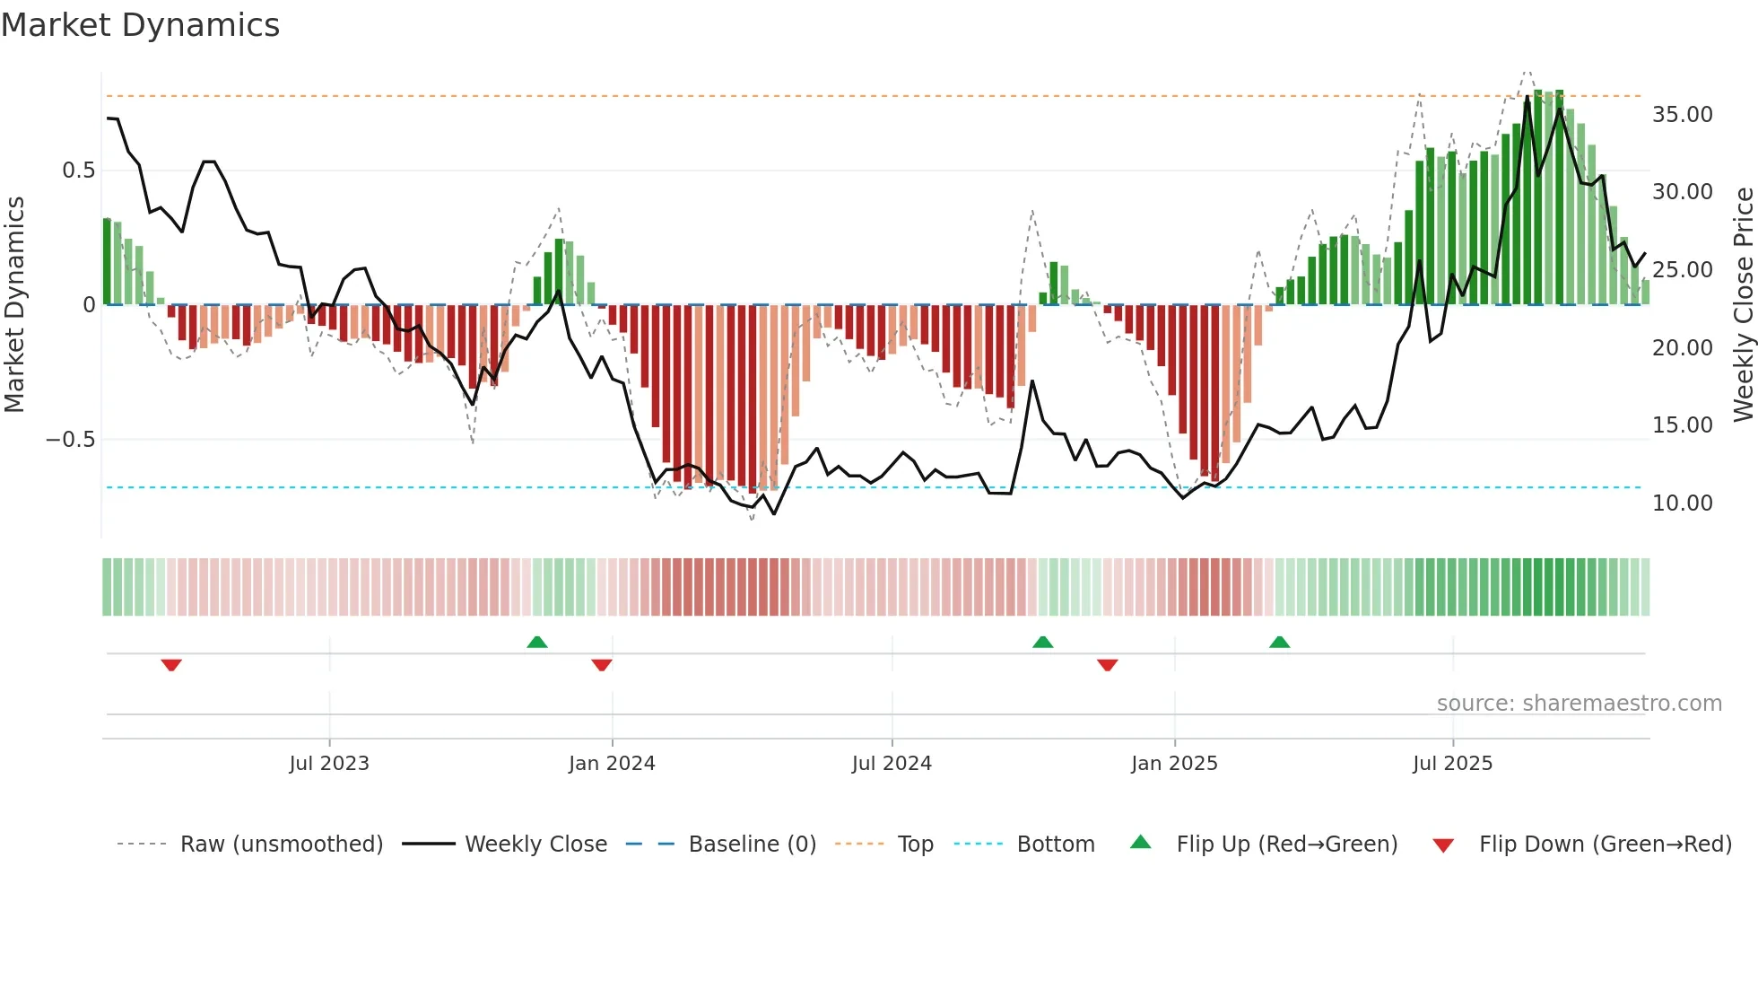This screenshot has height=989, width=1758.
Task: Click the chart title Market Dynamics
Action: click(x=140, y=25)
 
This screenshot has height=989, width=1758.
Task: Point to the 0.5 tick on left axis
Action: click(x=78, y=171)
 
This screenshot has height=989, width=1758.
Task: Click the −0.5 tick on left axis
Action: click(x=70, y=440)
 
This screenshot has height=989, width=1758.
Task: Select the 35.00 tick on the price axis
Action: click(x=1682, y=115)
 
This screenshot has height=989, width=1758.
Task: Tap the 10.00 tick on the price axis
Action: click(x=1682, y=503)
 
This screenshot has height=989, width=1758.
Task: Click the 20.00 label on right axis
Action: click(x=1682, y=348)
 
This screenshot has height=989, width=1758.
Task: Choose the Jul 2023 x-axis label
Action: click(x=329, y=764)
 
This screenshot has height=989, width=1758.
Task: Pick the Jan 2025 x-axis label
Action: click(x=1174, y=764)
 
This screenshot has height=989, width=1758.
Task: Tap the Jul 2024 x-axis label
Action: click(x=892, y=764)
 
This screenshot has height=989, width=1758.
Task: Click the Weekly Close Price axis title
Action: click(x=1743, y=305)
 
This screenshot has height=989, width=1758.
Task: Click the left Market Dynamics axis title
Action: click(x=14, y=305)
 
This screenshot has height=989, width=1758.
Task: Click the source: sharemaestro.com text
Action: click(x=1579, y=704)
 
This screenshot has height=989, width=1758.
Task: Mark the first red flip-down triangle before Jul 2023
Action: click(x=171, y=665)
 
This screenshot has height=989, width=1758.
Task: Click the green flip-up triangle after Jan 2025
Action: click(x=1279, y=643)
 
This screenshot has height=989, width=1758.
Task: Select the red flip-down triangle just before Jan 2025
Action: click(x=1107, y=665)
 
